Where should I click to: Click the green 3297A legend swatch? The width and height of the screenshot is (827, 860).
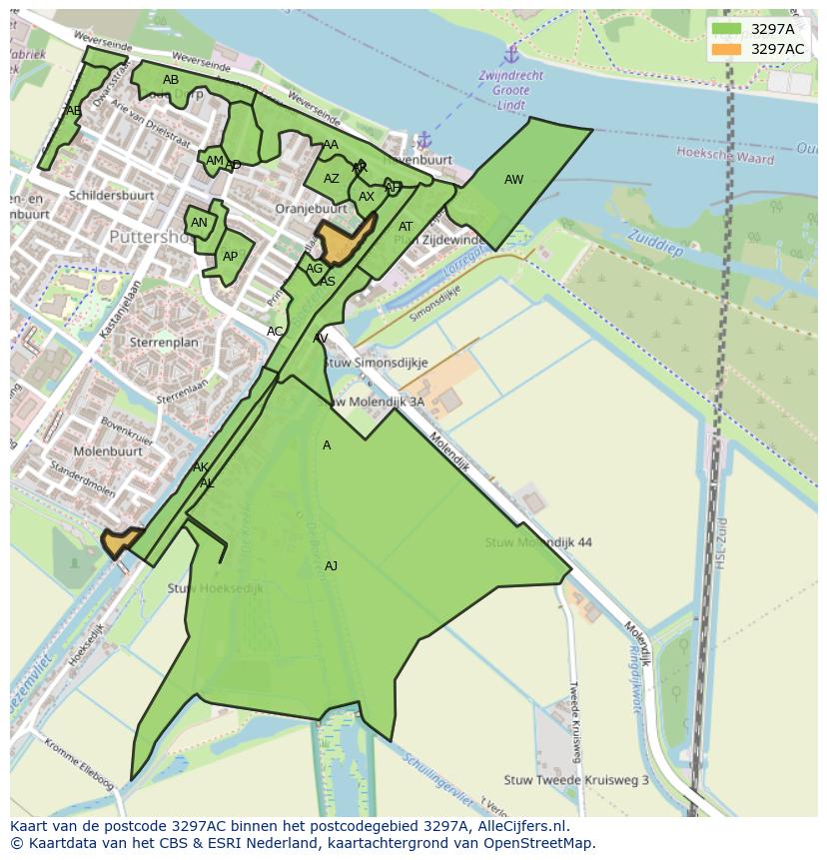coord(727,29)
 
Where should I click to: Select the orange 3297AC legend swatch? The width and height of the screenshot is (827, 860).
coord(727,49)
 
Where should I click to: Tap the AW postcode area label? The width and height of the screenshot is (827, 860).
coord(513,180)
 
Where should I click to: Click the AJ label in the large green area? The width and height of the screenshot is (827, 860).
coord(331,566)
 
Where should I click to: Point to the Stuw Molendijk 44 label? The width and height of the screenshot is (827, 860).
coord(538,542)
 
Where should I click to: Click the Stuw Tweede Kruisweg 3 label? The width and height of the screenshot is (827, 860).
coord(576,780)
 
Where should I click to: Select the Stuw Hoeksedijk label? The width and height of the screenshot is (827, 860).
coord(216,588)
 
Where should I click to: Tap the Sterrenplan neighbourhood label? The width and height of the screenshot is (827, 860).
coord(164,342)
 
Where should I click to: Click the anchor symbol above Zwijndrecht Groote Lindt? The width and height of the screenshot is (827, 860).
coord(511,53)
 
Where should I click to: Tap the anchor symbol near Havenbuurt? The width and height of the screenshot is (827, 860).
coord(423,139)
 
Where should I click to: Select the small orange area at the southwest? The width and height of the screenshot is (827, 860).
coord(119,542)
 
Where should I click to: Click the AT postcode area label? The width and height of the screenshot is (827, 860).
coord(406,227)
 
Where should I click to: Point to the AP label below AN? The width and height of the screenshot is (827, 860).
coord(231,257)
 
